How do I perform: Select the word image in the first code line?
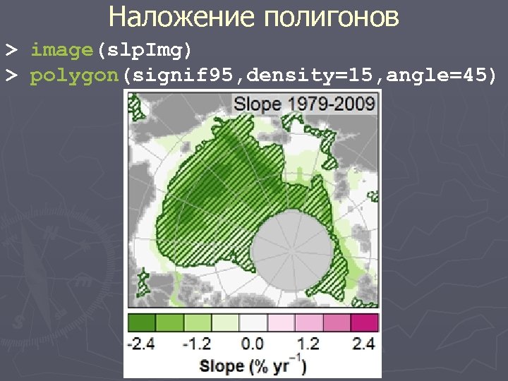62,51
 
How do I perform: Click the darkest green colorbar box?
141,322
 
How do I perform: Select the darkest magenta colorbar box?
365,322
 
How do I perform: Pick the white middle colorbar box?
253,322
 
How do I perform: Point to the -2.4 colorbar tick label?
141,344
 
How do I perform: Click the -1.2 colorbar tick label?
197,344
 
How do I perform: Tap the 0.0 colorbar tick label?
253,344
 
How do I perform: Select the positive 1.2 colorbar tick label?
308,344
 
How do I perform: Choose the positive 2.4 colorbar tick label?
364,344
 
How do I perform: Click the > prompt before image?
11,51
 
